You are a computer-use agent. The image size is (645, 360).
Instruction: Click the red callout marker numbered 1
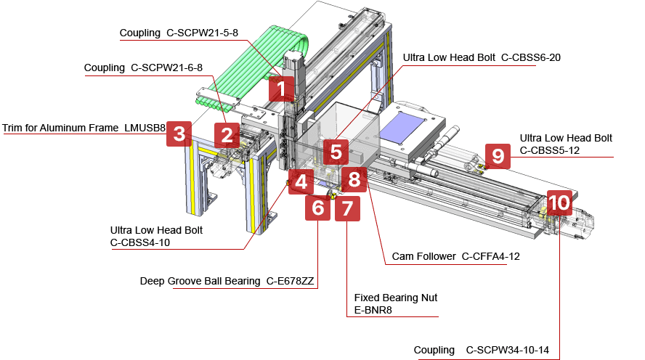point(281,89)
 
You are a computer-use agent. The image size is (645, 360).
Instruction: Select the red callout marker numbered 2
point(227,134)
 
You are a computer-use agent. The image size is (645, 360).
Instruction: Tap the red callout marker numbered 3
point(179,134)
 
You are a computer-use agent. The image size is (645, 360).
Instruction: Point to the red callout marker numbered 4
point(301,181)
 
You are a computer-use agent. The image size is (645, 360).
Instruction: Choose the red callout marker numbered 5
point(335,152)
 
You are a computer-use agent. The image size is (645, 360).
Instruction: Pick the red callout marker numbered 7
point(346,209)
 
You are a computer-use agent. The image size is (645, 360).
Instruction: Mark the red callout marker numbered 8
point(354,179)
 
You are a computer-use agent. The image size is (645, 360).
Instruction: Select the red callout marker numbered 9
point(498,156)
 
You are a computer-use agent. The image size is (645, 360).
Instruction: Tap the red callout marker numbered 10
point(559,202)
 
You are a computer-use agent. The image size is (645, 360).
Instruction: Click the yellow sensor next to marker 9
point(479,168)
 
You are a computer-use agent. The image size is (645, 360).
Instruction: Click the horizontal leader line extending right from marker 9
point(563,156)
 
